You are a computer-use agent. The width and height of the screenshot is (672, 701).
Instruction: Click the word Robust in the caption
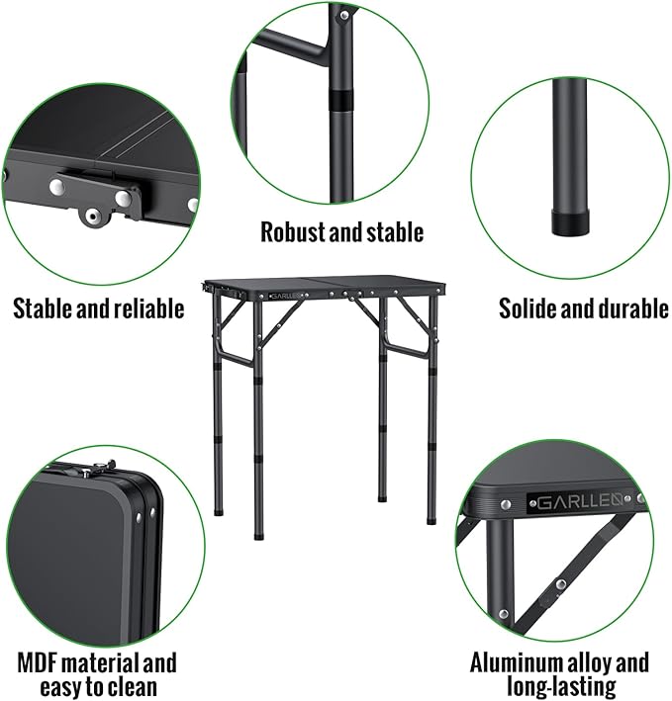coord(294,232)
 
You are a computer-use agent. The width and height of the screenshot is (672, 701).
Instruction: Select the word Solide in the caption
coord(530,308)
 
